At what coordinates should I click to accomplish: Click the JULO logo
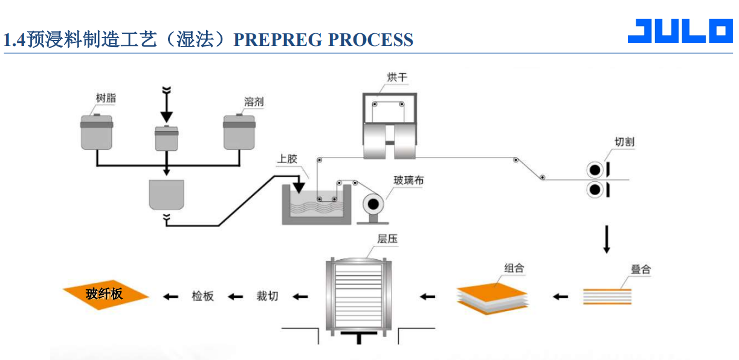point(679,31)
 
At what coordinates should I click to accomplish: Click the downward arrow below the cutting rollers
point(607,239)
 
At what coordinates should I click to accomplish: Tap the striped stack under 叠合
point(607,296)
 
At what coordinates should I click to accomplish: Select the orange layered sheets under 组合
point(492,296)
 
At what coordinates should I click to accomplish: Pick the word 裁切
point(267,296)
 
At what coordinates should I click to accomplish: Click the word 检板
point(202,296)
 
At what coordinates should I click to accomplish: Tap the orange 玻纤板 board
point(106,294)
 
